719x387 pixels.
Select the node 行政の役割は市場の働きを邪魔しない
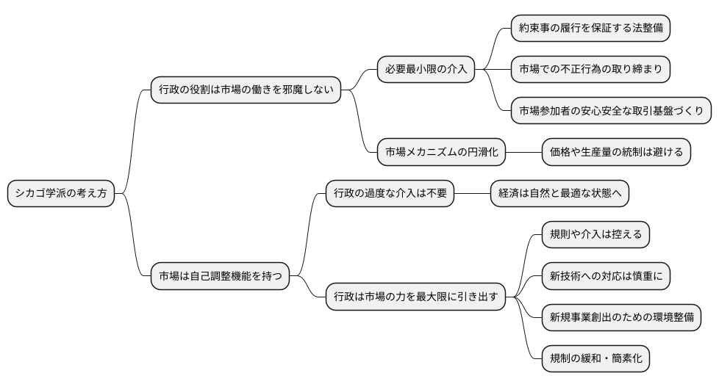[246, 90]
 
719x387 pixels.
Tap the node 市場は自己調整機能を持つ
[220, 278]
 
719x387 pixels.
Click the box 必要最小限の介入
[426, 70]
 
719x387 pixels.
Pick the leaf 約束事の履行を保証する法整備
[590, 28]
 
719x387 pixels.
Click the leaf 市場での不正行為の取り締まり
[590, 70]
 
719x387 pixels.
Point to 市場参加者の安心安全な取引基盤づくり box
[611, 111]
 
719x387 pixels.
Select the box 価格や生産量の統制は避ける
[616, 153]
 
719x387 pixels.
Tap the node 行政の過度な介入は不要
[390, 194]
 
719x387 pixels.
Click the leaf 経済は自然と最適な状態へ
[559, 194]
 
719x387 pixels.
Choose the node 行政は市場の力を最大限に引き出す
[415, 297]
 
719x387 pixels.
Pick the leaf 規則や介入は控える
[595, 235]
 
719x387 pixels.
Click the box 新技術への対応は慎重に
[606, 277]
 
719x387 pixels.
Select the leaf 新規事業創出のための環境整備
[621, 318]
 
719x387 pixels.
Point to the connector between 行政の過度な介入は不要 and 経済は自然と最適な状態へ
[472, 194]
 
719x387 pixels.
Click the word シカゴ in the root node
[29, 194]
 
